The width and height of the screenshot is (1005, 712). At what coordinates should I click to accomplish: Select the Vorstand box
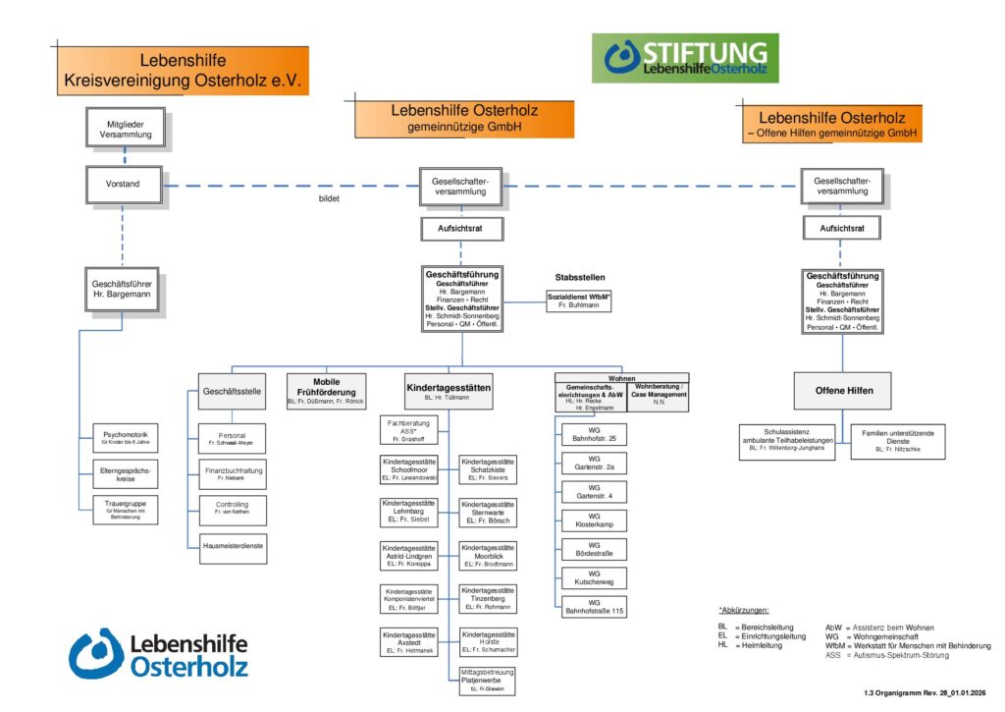point(123,183)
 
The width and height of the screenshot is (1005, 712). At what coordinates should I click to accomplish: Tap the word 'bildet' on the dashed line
point(329,197)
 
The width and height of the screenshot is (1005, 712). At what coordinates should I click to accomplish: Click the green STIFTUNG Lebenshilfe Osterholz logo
point(684,58)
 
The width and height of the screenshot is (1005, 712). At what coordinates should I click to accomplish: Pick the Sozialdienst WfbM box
point(579,301)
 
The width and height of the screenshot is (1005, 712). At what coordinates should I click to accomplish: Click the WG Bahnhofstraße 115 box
point(594,606)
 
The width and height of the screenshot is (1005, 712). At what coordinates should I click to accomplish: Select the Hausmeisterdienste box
point(232,546)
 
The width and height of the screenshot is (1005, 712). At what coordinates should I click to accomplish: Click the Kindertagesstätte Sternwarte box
point(487,514)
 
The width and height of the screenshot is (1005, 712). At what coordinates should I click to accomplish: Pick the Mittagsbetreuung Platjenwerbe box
point(487,680)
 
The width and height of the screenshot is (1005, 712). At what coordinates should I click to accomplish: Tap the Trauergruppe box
point(125,508)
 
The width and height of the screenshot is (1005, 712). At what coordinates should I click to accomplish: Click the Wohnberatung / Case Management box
point(658,397)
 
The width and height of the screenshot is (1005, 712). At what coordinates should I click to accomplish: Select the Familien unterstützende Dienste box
point(892,441)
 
